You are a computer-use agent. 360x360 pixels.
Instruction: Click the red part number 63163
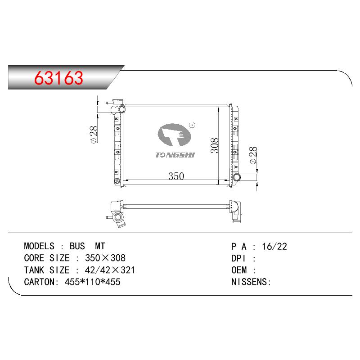[58, 78]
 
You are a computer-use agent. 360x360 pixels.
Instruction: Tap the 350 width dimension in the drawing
[176, 176]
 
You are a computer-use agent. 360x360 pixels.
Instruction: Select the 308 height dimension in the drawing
[215, 145]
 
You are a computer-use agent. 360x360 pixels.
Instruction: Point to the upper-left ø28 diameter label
[94, 135]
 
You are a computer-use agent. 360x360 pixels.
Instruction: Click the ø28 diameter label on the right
[253, 155]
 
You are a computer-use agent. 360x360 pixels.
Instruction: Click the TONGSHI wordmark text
[175, 155]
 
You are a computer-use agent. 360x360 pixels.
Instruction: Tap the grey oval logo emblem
[174, 135]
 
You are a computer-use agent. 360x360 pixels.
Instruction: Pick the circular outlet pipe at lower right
[237, 177]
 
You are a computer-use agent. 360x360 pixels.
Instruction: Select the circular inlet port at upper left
[121, 109]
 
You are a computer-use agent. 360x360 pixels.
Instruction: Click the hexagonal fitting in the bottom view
[118, 217]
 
